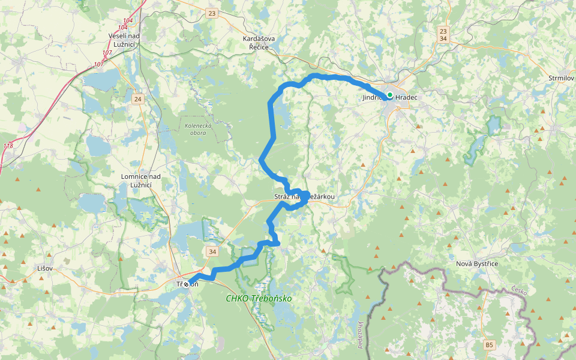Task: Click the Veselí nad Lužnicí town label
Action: pos(124,40)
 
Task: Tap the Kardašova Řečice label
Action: pos(259,43)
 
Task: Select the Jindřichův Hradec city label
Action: pos(390,97)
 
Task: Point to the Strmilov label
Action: pos(561,78)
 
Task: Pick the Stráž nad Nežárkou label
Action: pos(304,197)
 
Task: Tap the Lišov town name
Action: pos(45,268)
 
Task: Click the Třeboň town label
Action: pos(187,284)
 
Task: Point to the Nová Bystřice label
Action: pos(477,263)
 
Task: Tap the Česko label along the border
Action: pos(520,292)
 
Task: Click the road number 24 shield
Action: pos(138,99)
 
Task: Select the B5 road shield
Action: pos(490,344)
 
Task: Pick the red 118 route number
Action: pos(8,146)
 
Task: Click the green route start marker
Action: pos(389,95)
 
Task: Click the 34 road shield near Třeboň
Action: pos(212,250)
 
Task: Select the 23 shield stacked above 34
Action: pos(443,31)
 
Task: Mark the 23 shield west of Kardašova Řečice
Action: pos(211,13)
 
